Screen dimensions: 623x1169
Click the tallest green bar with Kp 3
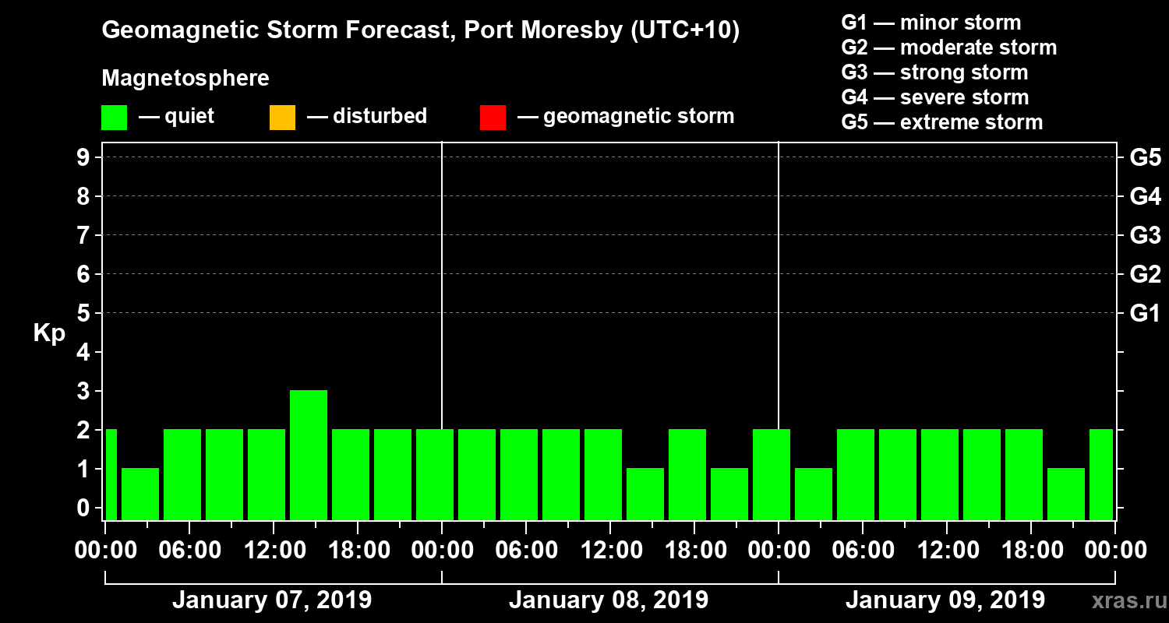[309, 454]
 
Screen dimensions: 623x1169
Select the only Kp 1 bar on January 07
[140, 493]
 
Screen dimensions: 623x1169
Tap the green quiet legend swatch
[114, 118]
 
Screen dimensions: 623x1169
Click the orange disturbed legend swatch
[282, 118]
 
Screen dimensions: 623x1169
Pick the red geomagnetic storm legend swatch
[493, 118]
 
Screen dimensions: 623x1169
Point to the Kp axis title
[49, 333]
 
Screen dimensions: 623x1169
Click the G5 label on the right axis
[1145, 157]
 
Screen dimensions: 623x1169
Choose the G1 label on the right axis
[1145, 313]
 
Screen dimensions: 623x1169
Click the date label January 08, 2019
[609, 600]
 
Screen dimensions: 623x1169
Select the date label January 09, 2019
[945, 600]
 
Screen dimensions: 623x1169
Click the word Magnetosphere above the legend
[185, 79]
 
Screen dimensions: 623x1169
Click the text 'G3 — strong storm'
[934, 72]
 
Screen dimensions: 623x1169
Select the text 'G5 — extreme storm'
[941, 122]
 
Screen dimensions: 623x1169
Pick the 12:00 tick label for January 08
[609, 551]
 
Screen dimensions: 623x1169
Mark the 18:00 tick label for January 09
[1030, 551]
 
